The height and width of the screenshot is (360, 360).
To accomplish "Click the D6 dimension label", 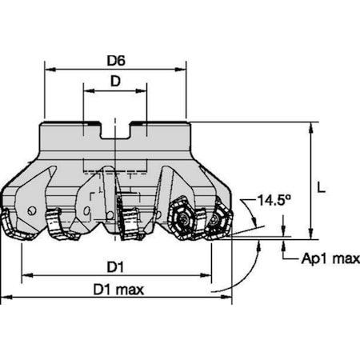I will point(115,58).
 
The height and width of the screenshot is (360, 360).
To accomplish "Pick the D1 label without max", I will point(115,265).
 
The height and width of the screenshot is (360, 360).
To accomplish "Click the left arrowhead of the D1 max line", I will point(5,298).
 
